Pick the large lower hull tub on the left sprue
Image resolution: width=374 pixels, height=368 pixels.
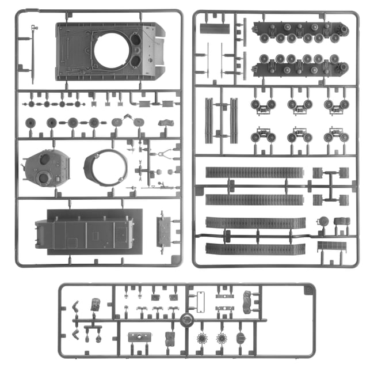tap(85, 229)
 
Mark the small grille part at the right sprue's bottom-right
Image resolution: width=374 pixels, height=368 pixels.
tap(332, 246)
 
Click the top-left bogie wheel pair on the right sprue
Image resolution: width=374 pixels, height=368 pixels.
tap(263, 104)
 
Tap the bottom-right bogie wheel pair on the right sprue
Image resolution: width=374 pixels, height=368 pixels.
tap(336, 137)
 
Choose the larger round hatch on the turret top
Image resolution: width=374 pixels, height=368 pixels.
tap(43, 179)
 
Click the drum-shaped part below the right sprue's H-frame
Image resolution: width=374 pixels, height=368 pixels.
tap(323, 221)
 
